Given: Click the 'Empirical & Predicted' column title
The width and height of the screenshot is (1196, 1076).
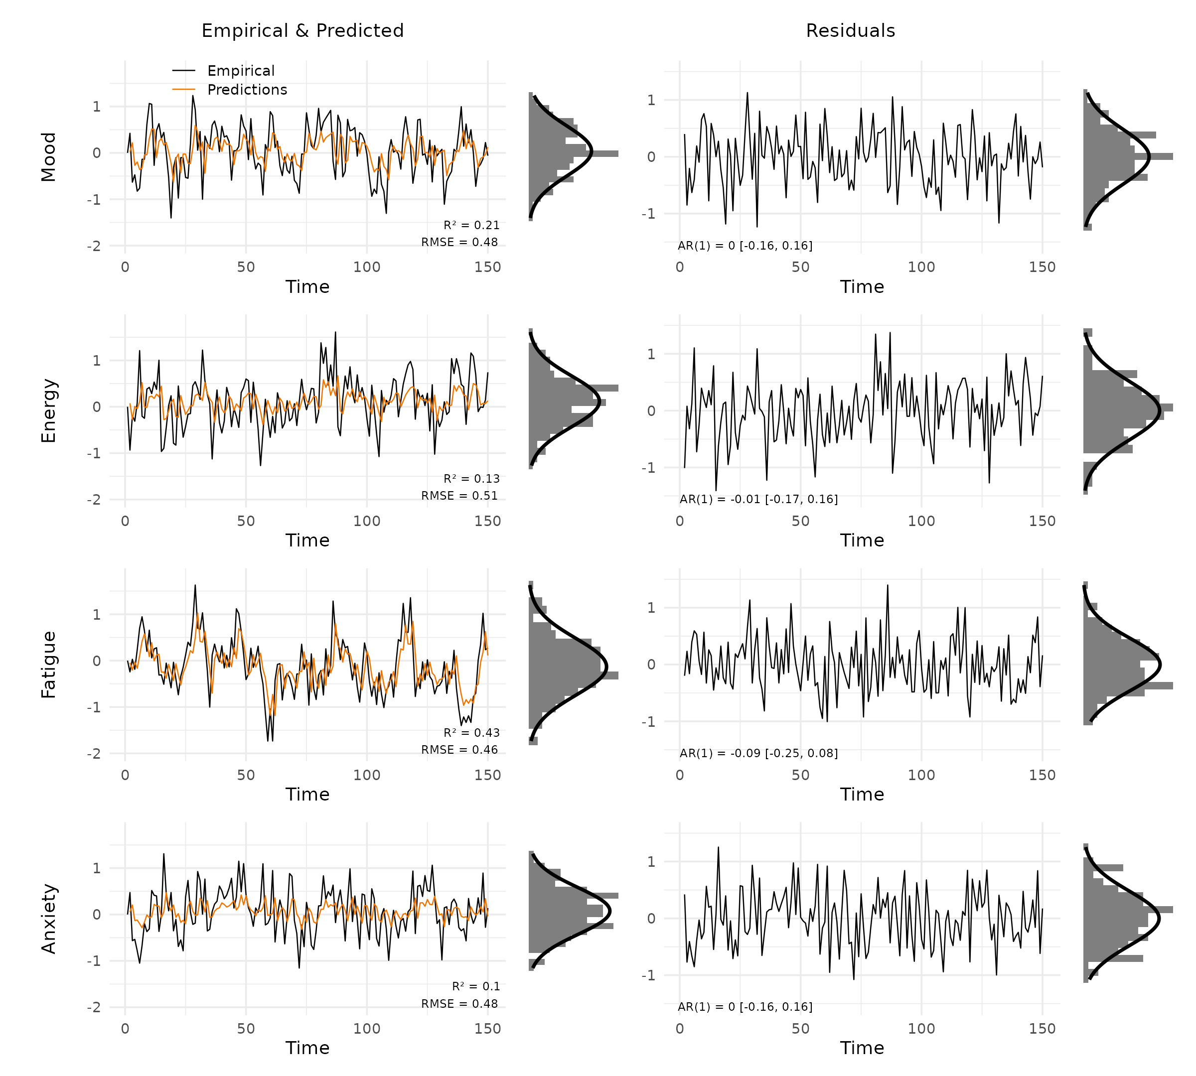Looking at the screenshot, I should point(302,31).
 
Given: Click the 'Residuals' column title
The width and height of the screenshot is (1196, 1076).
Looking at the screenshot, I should point(850,31).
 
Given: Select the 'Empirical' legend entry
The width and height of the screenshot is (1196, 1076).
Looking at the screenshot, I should point(241,71).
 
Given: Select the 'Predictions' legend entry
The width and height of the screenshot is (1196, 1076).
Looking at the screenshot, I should point(247,90).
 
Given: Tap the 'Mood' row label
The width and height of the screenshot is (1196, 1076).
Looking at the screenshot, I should point(48,157).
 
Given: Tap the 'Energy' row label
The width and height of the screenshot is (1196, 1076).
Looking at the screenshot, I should point(48,410).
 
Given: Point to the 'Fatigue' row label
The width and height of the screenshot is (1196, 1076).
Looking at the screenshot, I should point(48,665).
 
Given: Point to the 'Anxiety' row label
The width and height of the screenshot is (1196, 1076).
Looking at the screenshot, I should point(48,919).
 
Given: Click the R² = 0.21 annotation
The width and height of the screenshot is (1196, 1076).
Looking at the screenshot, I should point(471,225).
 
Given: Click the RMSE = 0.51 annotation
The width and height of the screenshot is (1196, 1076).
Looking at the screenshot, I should point(459,496).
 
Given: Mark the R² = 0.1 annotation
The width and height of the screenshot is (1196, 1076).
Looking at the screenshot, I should point(475,987).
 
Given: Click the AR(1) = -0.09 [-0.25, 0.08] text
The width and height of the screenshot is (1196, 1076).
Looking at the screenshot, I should point(758,753).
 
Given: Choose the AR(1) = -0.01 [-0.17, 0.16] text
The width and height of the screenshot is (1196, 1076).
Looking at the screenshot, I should point(758,500).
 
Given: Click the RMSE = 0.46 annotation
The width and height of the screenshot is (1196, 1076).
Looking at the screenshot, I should point(459,750).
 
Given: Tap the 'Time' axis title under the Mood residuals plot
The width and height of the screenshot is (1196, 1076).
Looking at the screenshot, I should point(862,287).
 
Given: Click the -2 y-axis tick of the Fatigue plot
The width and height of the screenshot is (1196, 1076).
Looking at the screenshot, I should point(94,754).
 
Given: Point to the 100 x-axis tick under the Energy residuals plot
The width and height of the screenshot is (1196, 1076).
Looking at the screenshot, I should point(921,522).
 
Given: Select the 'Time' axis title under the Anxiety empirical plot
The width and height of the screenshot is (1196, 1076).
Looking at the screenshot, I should point(307,1048).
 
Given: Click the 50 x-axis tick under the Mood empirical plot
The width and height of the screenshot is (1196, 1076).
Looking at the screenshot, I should point(246,267).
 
